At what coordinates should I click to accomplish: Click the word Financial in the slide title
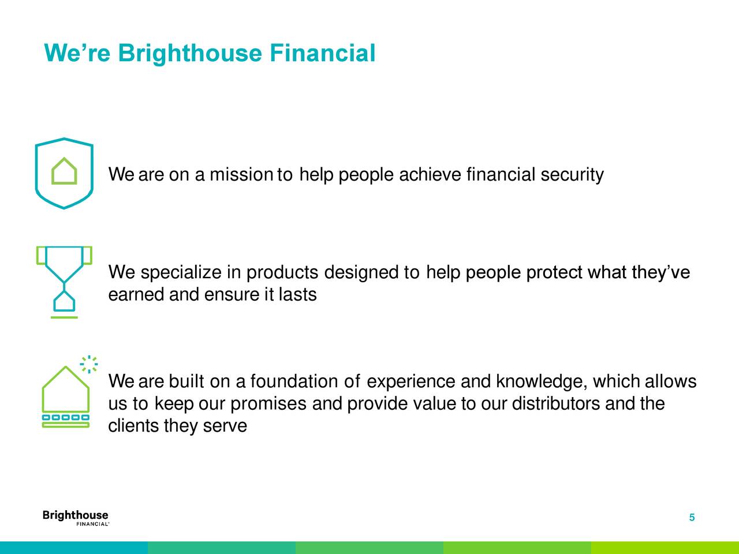tap(322, 54)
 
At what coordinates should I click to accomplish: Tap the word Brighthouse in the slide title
tap(190, 54)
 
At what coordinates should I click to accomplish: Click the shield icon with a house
tap(64, 173)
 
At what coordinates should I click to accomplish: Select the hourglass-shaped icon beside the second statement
tap(64, 282)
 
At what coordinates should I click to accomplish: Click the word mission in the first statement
tap(241, 174)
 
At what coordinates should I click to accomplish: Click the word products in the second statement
tap(282, 272)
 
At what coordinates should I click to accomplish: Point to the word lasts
tap(297, 295)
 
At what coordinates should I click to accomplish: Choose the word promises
tap(269, 404)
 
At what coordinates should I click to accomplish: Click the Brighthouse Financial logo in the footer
tap(76, 518)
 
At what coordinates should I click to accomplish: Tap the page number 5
tap(692, 518)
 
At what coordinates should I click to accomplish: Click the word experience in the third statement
tap(410, 382)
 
